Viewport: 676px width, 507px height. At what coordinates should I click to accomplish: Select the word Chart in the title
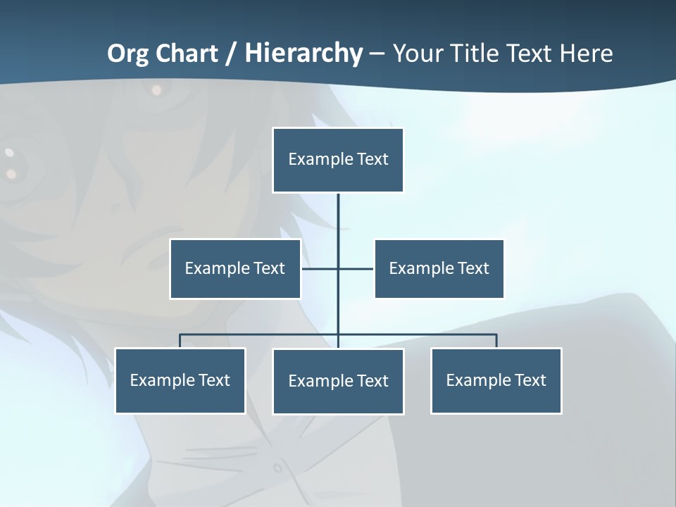[x=188, y=54]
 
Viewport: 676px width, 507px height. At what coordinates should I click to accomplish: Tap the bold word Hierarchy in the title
[x=303, y=54]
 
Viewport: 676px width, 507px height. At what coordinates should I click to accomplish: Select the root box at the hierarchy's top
[x=338, y=160]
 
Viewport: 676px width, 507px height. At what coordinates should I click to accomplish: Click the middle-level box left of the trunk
[x=235, y=268]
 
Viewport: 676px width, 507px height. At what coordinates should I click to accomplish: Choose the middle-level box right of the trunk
[x=439, y=268]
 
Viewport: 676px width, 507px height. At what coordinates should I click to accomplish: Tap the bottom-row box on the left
[x=180, y=380]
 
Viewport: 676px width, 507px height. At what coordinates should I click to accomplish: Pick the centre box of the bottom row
[x=338, y=381]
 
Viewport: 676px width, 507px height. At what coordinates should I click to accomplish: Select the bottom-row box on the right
[x=496, y=380]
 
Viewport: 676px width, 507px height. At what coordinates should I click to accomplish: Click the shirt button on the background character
[x=277, y=467]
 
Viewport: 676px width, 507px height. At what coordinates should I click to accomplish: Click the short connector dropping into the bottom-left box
[x=180, y=341]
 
